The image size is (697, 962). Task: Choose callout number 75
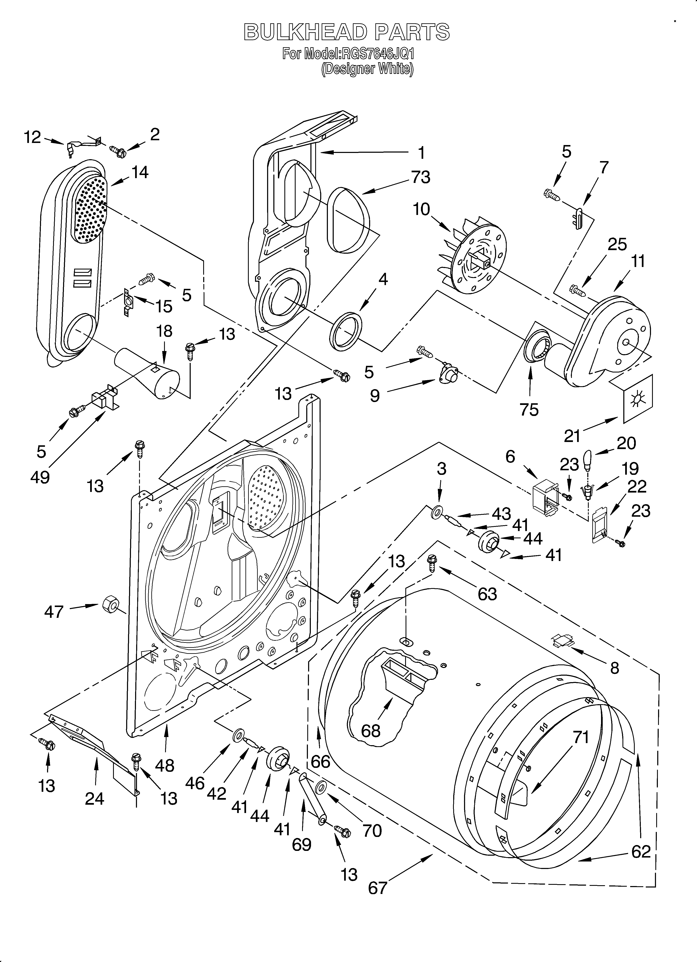529,409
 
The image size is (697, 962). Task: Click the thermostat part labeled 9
449,375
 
